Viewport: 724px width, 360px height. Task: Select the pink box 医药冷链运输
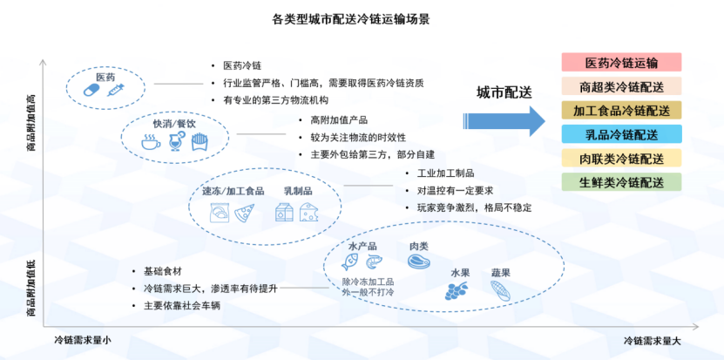[621, 63]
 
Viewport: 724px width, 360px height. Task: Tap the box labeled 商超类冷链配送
[621, 86]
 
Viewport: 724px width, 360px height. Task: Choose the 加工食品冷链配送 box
[621, 111]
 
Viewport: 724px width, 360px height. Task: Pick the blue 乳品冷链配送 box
[621, 134]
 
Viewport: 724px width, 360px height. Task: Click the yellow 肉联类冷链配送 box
[621, 159]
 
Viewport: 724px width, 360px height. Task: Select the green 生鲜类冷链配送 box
[621, 182]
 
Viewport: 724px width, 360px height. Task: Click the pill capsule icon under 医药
[91, 90]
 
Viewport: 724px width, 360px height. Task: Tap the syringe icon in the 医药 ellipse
[115, 90]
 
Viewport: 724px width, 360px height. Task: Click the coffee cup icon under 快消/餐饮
[150, 143]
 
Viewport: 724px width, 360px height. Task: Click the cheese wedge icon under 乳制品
[309, 212]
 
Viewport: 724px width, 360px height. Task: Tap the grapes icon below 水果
[456, 293]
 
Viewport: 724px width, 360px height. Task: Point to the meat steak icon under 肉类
[418, 262]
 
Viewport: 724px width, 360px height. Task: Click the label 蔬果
[500, 273]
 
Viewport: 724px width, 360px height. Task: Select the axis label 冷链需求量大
[654, 341]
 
